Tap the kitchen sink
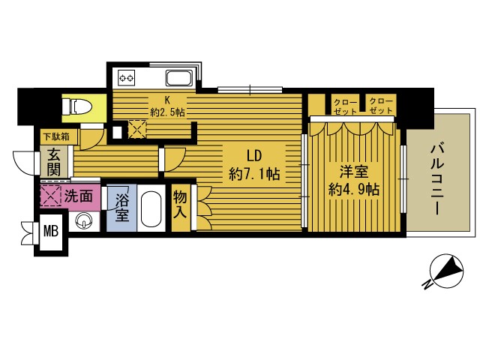[x=178, y=78]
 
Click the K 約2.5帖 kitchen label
[x=167, y=106]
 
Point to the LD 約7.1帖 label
[x=254, y=166]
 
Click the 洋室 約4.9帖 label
[x=352, y=181]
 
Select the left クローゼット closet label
[x=345, y=106]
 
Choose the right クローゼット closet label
[x=381, y=106]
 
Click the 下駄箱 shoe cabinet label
[x=55, y=137]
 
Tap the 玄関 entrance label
[x=55, y=163]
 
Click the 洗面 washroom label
[x=78, y=197]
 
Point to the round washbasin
[x=85, y=221]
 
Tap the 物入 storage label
[x=181, y=205]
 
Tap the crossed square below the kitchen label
[x=137, y=129]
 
